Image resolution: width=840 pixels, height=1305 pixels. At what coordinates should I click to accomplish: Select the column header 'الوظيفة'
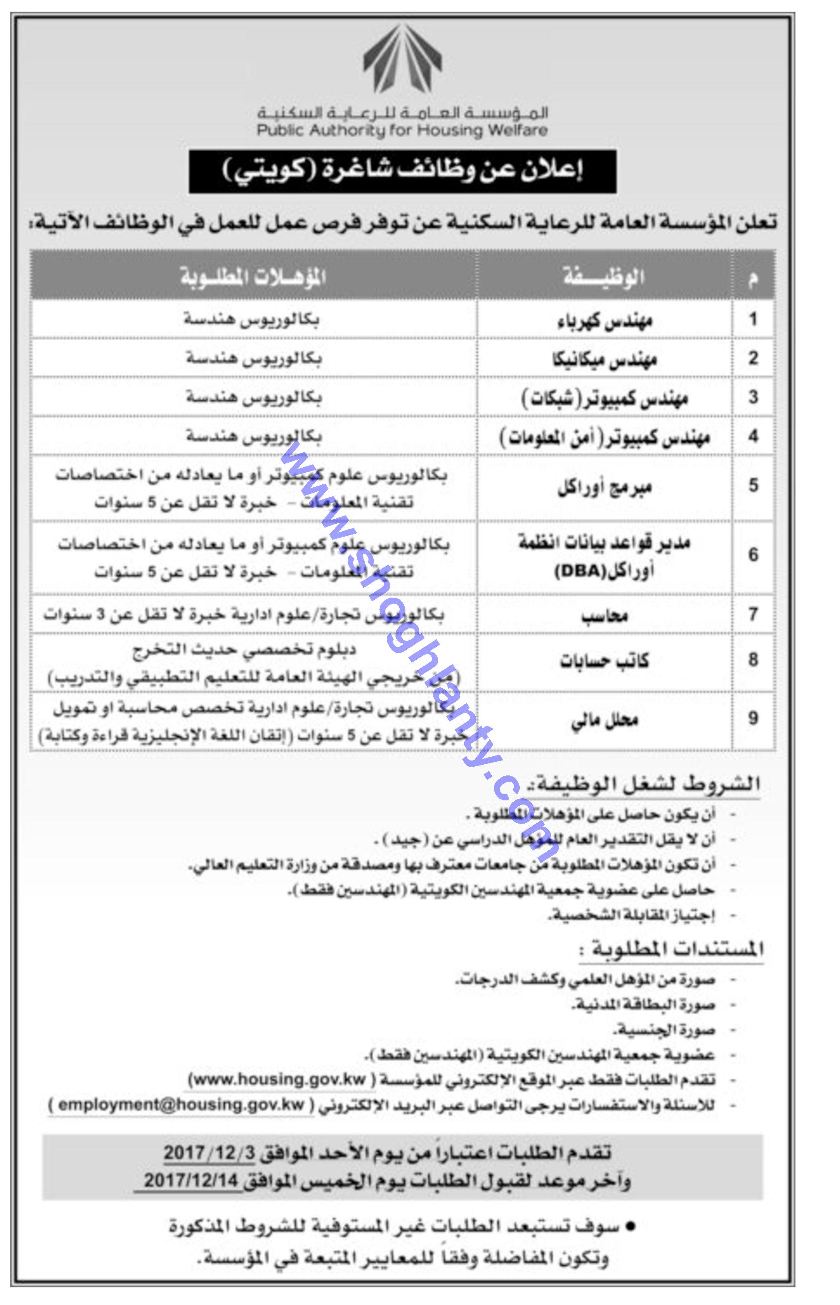tap(603, 277)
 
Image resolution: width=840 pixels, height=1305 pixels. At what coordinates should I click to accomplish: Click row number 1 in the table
tap(753, 319)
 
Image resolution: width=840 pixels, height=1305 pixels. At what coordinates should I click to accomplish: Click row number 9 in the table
tap(753, 719)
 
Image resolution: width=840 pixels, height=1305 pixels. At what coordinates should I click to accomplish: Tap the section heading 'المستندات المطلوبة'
tap(671, 949)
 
